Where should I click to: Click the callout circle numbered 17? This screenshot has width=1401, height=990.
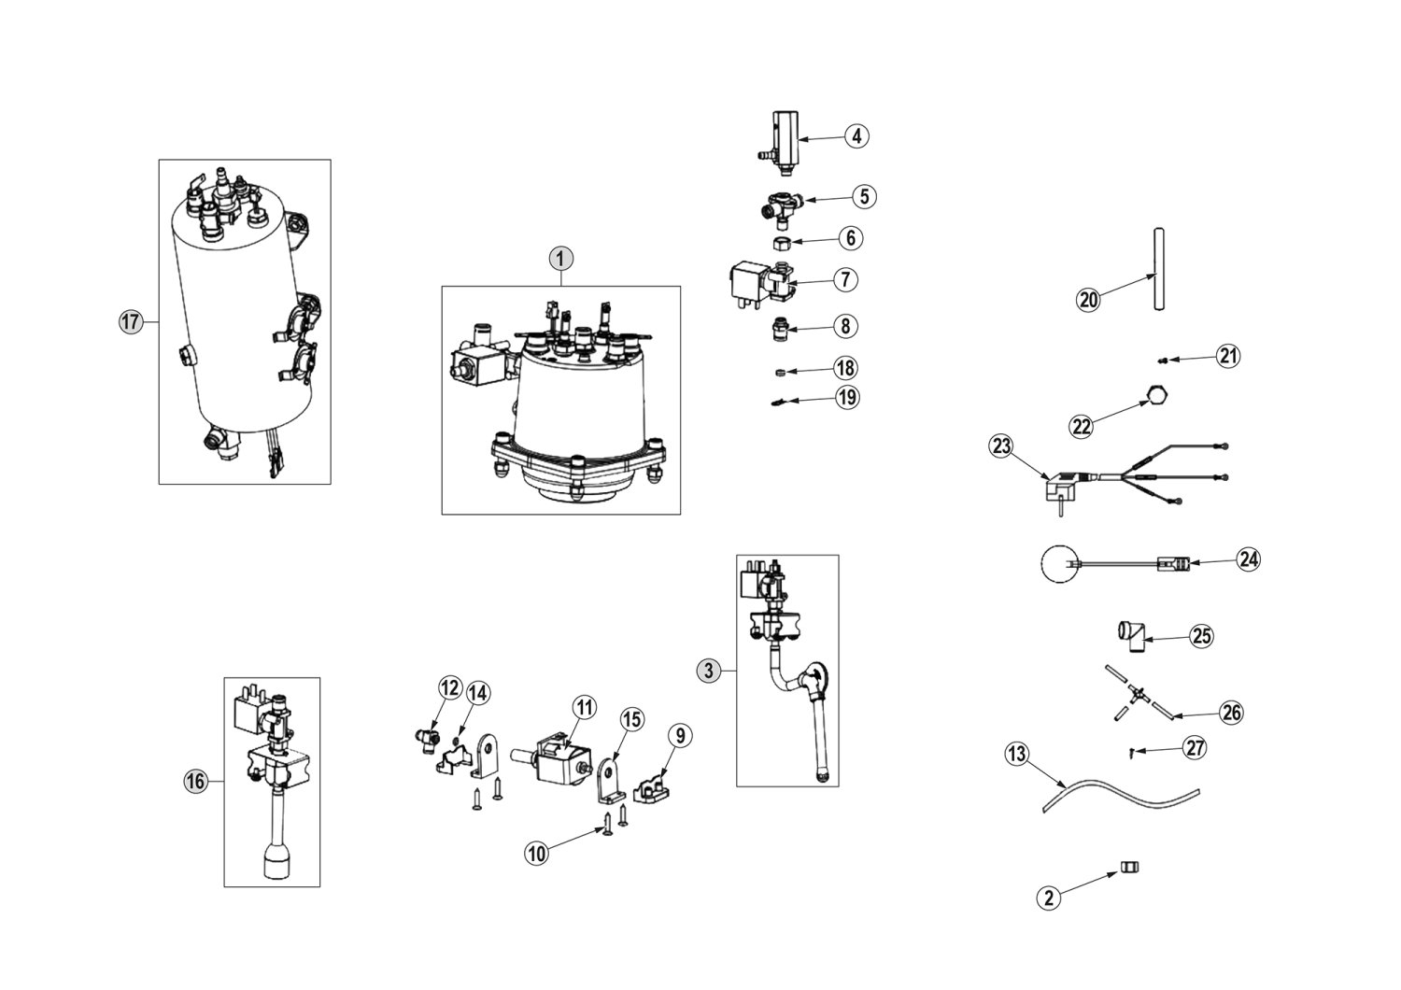pyautogui.click(x=130, y=322)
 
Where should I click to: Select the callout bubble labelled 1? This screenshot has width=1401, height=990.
pyautogui.click(x=561, y=257)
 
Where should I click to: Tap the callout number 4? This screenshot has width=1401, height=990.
pyautogui.click(x=856, y=136)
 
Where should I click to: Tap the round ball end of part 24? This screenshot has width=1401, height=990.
pyautogui.click(x=1058, y=564)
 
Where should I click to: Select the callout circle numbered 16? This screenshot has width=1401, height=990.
pyautogui.click(x=195, y=782)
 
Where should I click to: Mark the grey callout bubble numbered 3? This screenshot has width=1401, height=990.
pyautogui.click(x=709, y=670)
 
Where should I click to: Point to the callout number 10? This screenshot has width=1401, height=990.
pyautogui.click(x=536, y=852)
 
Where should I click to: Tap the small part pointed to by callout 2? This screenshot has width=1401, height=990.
pyautogui.click(x=1129, y=868)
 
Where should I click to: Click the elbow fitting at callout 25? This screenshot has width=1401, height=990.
pyautogui.click(x=1130, y=636)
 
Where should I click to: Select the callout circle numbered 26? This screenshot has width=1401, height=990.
pyautogui.click(x=1232, y=714)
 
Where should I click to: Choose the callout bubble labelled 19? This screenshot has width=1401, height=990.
pyautogui.click(x=847, y=398)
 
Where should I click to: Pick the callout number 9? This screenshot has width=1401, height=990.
pyautogui.click(x=680, y=736)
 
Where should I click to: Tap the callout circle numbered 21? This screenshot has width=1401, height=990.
pyautogui.click(x=1227, y=356)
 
